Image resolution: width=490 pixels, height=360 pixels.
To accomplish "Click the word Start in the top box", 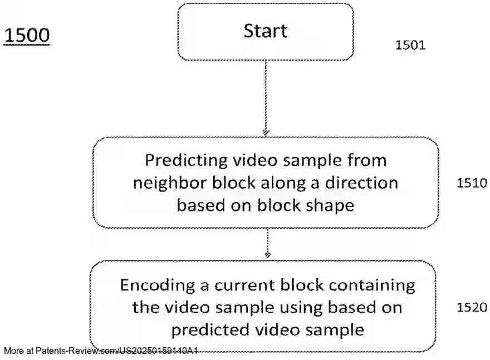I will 266,31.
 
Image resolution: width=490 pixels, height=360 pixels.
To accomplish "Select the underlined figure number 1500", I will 27,36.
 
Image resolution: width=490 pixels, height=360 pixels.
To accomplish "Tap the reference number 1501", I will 410,46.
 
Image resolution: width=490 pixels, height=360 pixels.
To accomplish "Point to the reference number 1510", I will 472,183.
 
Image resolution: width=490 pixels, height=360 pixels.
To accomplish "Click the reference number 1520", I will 472,307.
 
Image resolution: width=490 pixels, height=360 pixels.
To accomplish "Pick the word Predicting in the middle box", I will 183,161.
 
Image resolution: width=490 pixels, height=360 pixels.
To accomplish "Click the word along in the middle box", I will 290,183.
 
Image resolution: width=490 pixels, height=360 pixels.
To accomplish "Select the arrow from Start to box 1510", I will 266,97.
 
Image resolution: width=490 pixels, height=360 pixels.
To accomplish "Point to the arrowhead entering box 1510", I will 266,132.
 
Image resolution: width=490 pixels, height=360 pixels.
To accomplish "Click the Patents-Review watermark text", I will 101,351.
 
